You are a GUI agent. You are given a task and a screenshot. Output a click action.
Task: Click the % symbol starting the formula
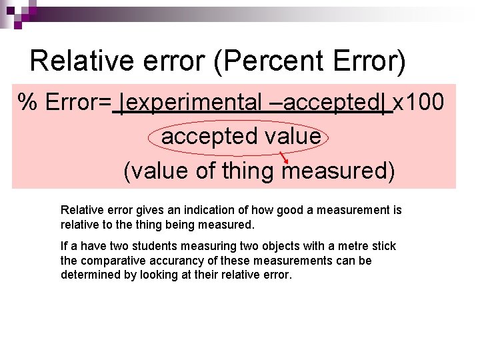point(27,103)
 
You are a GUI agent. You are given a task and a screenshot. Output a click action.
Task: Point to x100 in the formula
point(418,103)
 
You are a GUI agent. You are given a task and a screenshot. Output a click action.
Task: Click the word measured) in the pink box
point(339,171)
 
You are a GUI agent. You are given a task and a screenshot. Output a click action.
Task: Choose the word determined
point(87,275)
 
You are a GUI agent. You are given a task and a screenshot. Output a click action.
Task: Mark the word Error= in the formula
point(79,103)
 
